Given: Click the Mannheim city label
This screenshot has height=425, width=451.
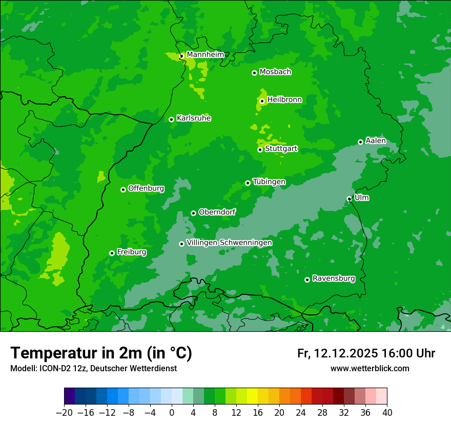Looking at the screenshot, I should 205,54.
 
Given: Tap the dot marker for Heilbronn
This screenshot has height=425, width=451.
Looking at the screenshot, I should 262,101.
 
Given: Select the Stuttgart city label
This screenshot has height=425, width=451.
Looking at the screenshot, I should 281,148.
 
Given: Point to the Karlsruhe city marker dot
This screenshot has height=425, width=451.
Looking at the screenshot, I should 171,119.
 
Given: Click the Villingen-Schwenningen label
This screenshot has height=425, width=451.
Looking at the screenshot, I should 229,242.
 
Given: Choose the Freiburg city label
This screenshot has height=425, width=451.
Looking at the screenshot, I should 131,252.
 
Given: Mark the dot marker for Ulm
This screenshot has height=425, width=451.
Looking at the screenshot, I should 349,199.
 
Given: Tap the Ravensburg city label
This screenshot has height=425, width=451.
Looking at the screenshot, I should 333,279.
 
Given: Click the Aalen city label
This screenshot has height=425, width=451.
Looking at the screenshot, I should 376,141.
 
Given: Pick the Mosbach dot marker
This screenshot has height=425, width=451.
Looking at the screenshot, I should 254,73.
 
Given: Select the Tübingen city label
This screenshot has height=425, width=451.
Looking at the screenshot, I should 269,182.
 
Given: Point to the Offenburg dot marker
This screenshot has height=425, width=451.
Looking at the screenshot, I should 123,189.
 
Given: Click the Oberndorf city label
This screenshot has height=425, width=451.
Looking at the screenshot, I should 217,212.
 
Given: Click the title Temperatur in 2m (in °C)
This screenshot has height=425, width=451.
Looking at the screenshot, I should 101,353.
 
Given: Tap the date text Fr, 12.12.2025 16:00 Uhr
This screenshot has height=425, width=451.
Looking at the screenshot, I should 366,353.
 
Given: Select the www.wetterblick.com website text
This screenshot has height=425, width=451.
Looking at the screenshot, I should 370,368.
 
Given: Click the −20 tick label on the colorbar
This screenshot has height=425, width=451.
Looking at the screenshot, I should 64,413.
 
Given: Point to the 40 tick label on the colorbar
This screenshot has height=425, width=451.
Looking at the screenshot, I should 387,413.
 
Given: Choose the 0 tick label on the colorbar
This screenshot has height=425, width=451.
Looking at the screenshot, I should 172,413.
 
